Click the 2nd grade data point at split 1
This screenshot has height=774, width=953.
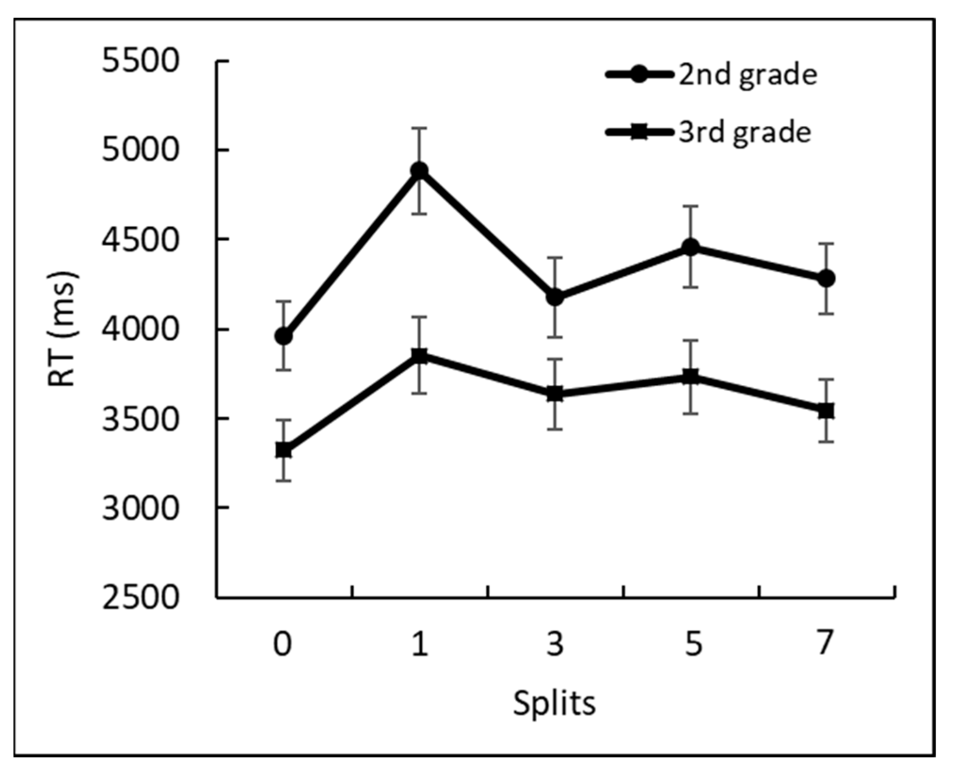(x=419, y=170)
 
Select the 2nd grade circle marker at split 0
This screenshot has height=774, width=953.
(x=284, y=337)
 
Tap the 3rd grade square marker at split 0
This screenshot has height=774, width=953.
(x=284, y=451)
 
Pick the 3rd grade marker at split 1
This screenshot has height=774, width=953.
(x=419, y=355)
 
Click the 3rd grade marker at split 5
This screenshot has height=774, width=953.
(x=691, y=377)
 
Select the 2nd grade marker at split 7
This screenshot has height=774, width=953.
(x=826, y=278)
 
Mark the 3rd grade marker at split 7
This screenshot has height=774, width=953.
(x=826, y=411)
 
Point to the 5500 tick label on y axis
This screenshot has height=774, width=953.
(x=141, y=62)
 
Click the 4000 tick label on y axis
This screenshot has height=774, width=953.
(x=141, y=330)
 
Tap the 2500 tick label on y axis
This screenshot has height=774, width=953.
(x=141, y=598)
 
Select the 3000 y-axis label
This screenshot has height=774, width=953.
(x=141, y=508)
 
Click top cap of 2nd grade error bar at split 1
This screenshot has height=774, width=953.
(x=419, y=128)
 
